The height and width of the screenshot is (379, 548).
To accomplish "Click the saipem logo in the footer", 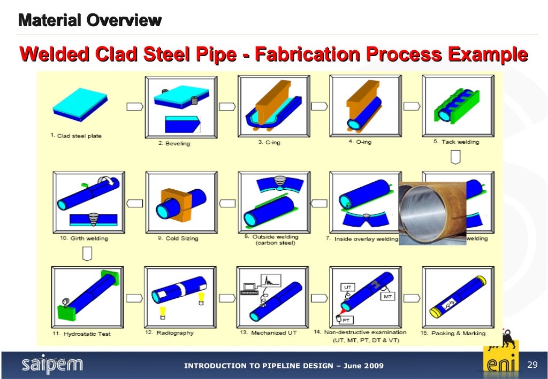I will point(52,365).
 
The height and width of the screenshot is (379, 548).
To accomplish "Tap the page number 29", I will point(532,365).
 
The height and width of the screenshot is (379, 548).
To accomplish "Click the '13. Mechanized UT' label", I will point(268,332).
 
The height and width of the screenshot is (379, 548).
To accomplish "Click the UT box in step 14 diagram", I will point(348,288).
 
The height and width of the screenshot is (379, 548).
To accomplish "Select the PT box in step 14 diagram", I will point(346,320).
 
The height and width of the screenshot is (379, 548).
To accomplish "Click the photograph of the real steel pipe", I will point(432,212).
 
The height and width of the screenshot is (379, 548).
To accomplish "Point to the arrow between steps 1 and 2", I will point(135,106).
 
